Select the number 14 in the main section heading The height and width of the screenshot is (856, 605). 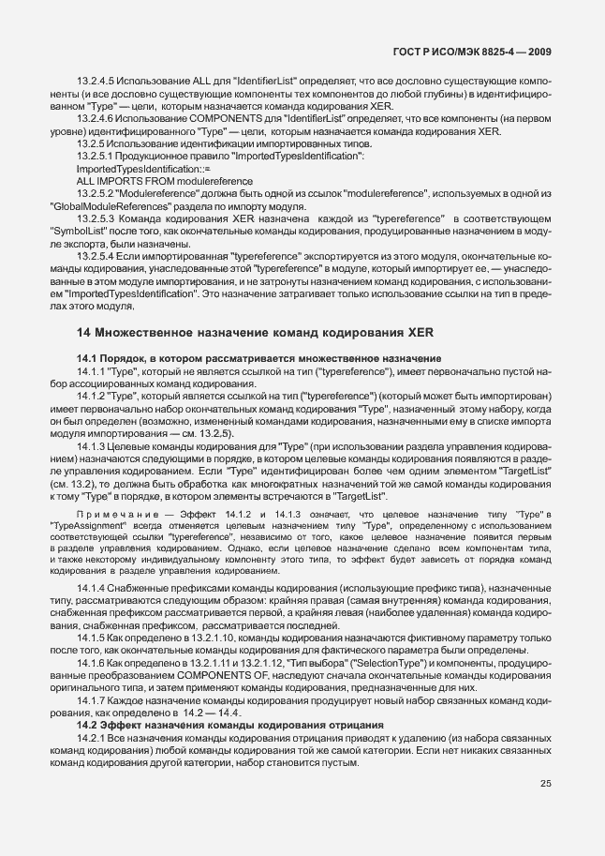pyautogui.click(x=83, y=332)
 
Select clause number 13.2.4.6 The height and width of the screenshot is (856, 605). pyautogui.click(x=96, y=119)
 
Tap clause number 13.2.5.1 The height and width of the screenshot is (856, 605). pyautogui.click(x=96, y=156)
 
